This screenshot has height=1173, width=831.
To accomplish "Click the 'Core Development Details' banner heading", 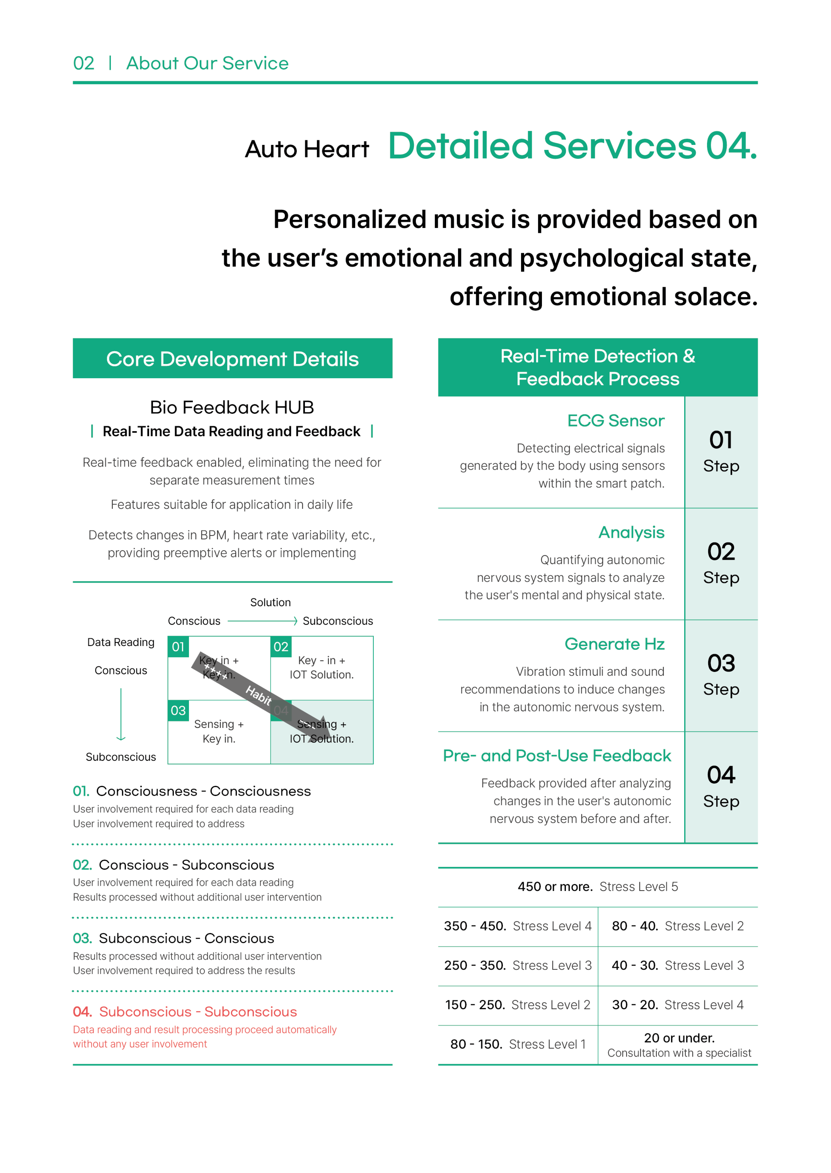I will coord(232,359).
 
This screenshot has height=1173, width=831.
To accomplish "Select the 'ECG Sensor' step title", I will coord(616,421).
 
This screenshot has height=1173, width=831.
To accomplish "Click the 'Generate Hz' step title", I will coord(614,644).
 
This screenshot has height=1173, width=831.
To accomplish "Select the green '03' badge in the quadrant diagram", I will coord(178,711).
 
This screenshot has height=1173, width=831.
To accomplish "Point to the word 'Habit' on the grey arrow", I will coord(258,695).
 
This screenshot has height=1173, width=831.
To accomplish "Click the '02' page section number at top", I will coord(83,63).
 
